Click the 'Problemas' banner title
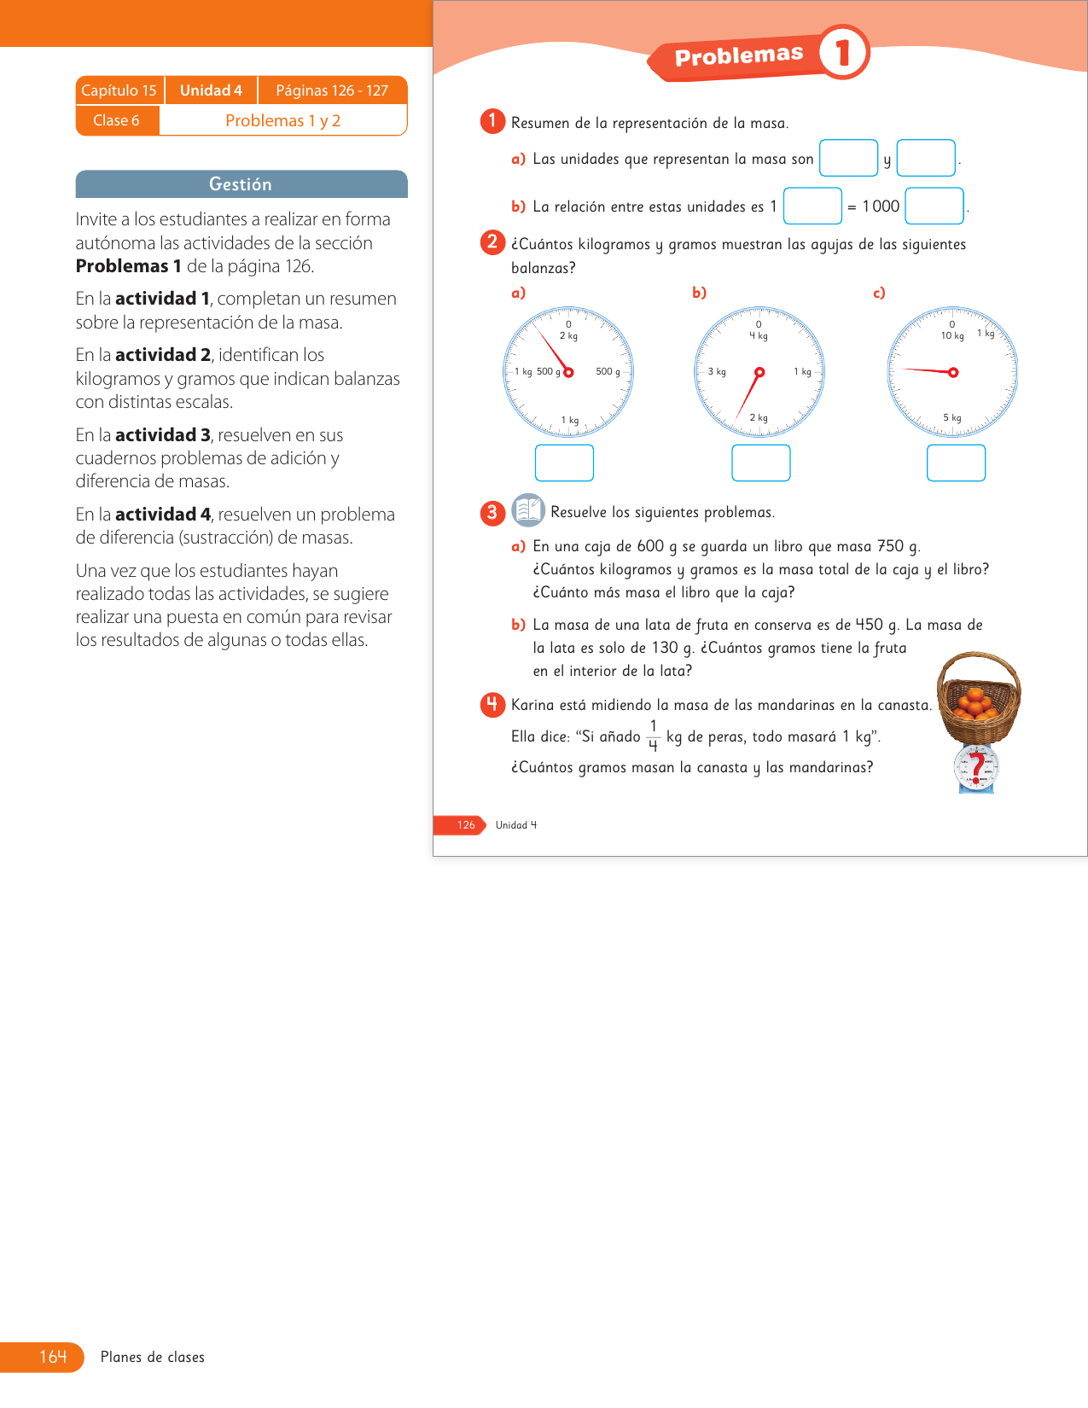point(739,56)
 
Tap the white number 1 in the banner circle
point(843,53)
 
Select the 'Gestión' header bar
point(241,184)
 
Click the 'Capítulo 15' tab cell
point(119,90)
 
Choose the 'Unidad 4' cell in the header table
point(211,90)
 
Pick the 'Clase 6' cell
point(116,120)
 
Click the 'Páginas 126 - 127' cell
point(332,90)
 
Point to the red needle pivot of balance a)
point(568,372)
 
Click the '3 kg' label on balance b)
point(717,372)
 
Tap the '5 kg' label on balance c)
point(952,418)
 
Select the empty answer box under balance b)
point(760,463)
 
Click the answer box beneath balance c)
point(956,463)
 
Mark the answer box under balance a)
point(564,463)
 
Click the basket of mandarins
point(978,696)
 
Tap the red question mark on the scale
point(978,765)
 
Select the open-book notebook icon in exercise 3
point(528,510)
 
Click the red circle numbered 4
point(492,704)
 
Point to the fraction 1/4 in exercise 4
point(653,736)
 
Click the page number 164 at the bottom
point(53,1357)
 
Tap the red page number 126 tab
point(465,825)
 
